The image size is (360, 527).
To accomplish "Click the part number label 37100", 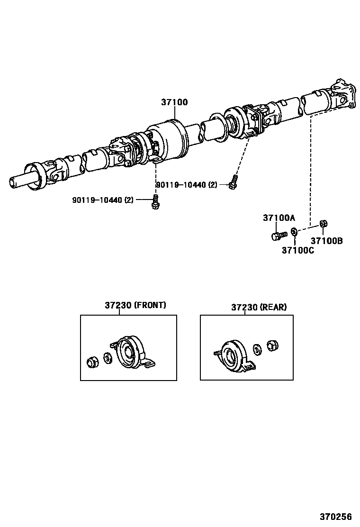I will [x=174, y=102].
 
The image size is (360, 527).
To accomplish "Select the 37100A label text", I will [x=279, y=218].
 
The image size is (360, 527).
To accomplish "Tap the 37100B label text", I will [x=326, y=241].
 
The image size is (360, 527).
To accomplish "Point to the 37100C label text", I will [x=297, y=250].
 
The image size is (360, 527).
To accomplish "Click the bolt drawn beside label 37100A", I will [x=279, y=235].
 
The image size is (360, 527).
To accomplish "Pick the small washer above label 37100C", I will [x=294, y=232].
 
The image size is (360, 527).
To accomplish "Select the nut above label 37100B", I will [x=323, y=224].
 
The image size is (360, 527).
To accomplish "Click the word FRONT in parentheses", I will [x=150, y=305].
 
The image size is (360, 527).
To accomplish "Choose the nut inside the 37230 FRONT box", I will [x=92, y=363].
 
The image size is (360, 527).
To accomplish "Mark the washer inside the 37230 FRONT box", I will [x=108, y=358].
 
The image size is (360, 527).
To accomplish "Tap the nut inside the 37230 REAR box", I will [x=272, y=345].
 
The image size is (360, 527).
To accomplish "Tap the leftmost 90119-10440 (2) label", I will [x=103, y=200].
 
